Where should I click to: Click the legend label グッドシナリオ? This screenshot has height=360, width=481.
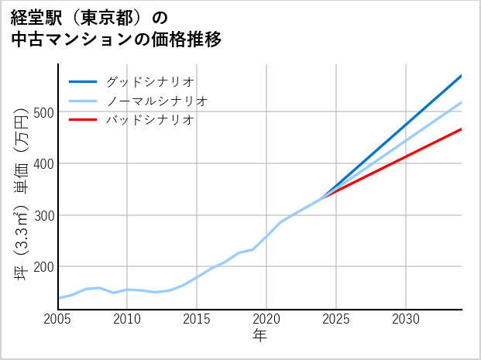pos(149,81)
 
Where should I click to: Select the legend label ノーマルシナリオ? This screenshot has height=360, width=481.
pos(156,101)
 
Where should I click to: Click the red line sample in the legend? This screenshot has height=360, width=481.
pos(83,120)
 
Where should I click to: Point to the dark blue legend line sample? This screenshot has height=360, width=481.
pos(83,81)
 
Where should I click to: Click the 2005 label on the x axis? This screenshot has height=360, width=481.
pos(58,319)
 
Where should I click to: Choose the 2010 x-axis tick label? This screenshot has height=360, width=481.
pos(127,319)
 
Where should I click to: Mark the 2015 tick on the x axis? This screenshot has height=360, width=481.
pos(197,319)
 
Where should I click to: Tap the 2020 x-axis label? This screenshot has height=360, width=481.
pos(266,319)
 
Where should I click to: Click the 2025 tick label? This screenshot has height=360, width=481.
pos(336,319)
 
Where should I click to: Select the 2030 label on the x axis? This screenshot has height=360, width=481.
pos(406,319)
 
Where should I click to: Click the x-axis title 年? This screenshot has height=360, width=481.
pos(259,336)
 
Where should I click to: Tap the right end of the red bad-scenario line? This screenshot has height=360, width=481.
pos(461,129)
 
